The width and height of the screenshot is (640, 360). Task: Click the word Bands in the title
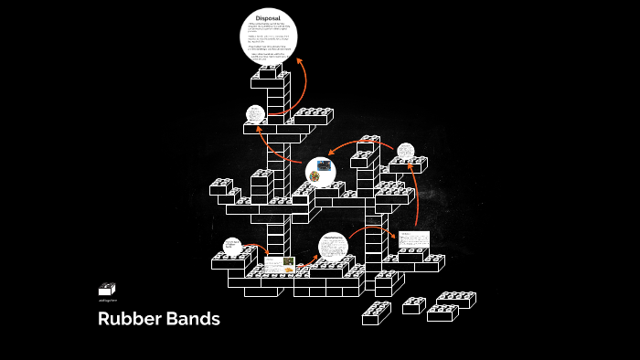click(x=193, y=320)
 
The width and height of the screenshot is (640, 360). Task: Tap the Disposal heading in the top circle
click(x=268, y=17)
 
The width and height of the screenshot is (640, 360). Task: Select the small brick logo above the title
click(x=107, y=289)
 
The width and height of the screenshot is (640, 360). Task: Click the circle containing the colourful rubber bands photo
click(x=320, y=172)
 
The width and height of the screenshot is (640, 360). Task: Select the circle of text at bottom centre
click(x=334, y=247)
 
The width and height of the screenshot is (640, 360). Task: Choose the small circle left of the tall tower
click(x=255, y=114)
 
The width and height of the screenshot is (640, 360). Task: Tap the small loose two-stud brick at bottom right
click(x=414, y=305)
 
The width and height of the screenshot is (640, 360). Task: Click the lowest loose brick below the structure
click(x=376, y=313)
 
